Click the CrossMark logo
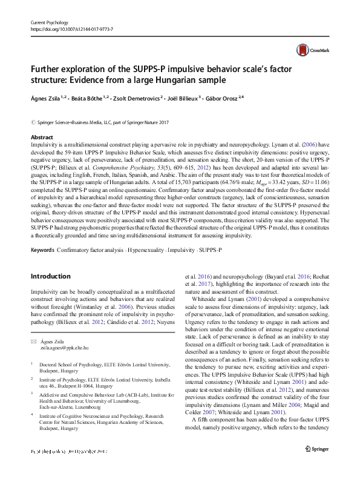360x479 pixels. pos(308,50)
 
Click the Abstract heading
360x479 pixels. pos(41,138)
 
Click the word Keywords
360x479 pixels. pos(43,250)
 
